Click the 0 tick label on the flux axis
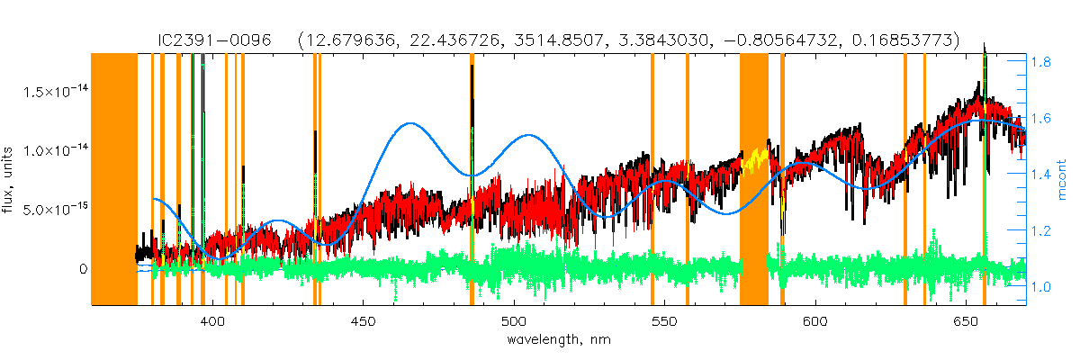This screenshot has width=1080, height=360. pyautogui.click(x=83, y=268)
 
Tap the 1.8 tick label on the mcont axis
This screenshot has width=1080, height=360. pyautogui.click(x=1043, y=63)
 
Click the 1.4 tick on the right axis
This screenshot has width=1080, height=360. pyautogui.click(x=1043, y=175)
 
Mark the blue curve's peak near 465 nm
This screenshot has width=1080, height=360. pyautogui.click(x=411, y=123)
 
